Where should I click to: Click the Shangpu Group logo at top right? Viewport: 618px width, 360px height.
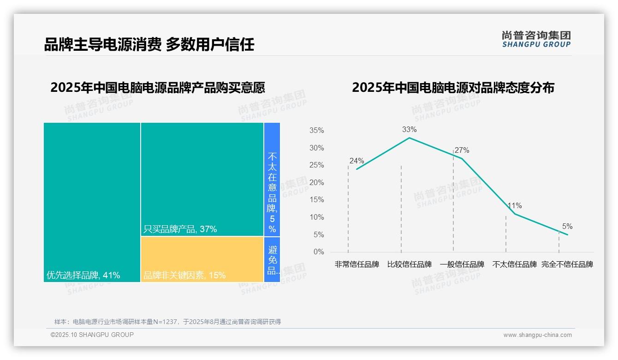pos(536,39)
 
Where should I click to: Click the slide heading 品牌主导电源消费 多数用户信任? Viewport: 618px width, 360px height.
pos(149,44)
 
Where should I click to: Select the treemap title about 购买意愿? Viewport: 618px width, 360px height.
pos(158,87)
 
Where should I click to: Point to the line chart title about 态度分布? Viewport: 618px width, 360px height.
pos(453,87)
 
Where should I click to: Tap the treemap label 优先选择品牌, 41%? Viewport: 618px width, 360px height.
pos(83,276)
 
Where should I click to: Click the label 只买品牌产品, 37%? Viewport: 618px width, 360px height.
pos(180,229)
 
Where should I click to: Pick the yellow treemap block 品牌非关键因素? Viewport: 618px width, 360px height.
pos(202,259)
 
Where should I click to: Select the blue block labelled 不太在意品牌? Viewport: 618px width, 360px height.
pos(272,180)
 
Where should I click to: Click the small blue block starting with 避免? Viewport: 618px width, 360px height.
pos(272,259)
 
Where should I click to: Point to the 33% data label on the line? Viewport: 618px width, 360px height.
pos(409,130)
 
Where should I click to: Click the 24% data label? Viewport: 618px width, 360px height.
pos(357,161)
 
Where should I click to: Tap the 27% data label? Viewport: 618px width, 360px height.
pos(462,150)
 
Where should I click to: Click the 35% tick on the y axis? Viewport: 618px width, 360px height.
pos(316,131)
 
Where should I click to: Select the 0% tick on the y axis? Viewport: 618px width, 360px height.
pos(319,252)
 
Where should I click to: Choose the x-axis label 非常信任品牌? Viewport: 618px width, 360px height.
pos(357,264)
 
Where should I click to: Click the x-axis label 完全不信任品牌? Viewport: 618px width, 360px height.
pos(567,264)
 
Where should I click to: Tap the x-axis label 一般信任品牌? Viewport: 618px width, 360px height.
pos(462,264)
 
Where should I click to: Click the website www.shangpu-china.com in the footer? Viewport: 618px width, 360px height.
pos(537,335)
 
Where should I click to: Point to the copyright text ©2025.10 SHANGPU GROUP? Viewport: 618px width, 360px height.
pos(92,335)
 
